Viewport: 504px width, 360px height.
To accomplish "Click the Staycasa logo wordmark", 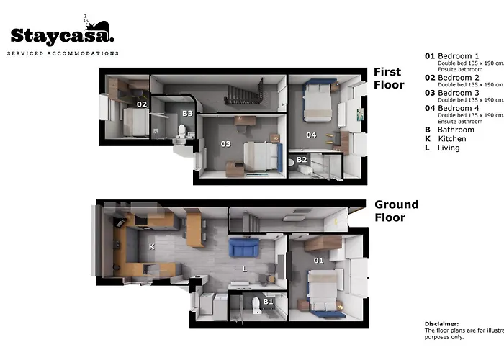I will (x=62, y=35).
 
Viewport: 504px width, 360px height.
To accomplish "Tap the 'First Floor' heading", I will (x=389, y=78).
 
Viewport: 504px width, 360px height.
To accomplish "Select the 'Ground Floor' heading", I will (x=396, y=210).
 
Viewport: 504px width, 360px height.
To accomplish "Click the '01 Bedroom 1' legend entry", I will (x=451, y=55).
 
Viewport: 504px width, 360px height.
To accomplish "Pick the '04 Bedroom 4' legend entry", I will (x=451, y=109).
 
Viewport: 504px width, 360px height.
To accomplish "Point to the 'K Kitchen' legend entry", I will (x=445, y=139).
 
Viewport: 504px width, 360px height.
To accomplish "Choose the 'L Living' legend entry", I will (x=441, y=148).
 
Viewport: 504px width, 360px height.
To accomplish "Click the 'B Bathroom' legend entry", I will (x=449, y=130).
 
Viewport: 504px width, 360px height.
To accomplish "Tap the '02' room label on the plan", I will (x=142, y=104).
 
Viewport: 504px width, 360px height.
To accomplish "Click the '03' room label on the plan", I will (x=225, y=144).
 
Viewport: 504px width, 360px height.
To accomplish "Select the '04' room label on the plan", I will (x=310, y=135).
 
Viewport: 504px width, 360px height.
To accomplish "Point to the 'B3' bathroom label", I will (x=187, y=113).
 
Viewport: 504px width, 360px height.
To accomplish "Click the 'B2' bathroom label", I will (x=302, y=159).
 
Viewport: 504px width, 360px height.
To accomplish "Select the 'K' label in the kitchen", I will (x=151, y=247).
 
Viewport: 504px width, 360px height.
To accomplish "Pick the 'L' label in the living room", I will (x=246, y=269).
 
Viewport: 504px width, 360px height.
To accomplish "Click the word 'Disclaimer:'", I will (x=441, y=324).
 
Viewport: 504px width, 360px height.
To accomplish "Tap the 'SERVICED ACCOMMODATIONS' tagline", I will (x=63, y=53).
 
